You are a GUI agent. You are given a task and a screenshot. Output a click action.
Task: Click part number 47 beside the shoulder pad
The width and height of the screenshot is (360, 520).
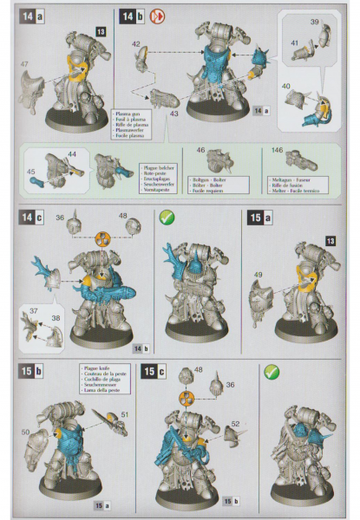pyautogui.click(x=23, y=65)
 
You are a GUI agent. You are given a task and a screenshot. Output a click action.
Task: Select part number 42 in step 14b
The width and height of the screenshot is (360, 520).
pyautogui.click(x=136, y=42)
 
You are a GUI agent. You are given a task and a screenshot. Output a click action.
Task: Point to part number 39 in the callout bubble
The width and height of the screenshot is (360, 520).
pyautogui.click(x=315, y=20)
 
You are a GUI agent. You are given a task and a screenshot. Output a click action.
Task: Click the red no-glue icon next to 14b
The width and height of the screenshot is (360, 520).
pyautogui.click(x=158, y=16)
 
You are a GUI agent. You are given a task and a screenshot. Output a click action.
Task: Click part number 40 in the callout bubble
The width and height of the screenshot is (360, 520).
pyautogui.click(x=287, y=87)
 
